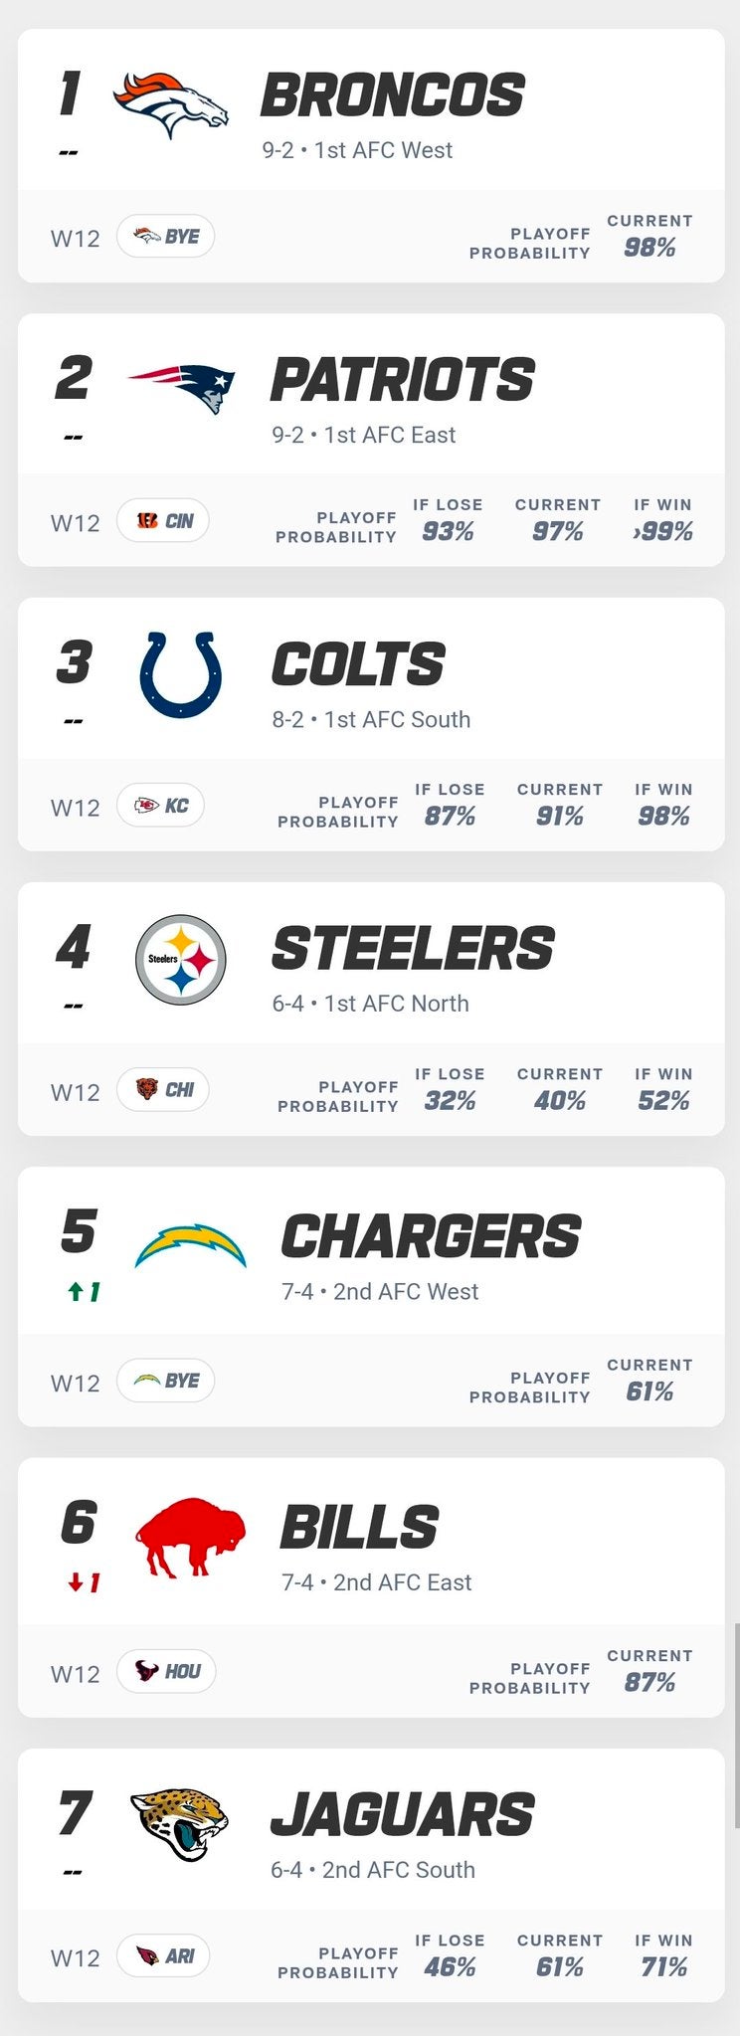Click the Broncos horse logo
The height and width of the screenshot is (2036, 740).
point(171,103)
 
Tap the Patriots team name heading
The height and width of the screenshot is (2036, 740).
point(402,380)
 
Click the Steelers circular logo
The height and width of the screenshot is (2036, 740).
point(180,959)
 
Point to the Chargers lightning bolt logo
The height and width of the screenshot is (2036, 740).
point(190,1245)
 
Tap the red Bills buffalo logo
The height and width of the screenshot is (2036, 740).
point(189,1537)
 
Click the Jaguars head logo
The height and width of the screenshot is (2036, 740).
point(180,1824)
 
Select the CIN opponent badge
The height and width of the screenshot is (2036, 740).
point(163,520)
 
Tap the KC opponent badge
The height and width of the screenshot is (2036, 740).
point(161,805)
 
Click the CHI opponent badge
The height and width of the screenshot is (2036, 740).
point(163,1089)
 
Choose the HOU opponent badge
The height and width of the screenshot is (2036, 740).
point(166,1671)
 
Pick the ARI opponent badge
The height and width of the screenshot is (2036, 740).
point(163,1955)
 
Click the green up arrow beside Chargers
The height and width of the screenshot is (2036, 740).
point(75,1292)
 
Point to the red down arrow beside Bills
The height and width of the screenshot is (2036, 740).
point(75,1582)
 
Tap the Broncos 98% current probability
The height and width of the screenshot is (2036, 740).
point(649,248)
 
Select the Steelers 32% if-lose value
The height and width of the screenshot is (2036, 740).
point(450,1101)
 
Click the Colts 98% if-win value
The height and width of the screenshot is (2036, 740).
point(663,817)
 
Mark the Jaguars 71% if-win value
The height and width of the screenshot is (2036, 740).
point(663,1967)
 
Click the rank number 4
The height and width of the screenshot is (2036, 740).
point(74,947)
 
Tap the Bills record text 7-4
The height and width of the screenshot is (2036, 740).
point(297,1582)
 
